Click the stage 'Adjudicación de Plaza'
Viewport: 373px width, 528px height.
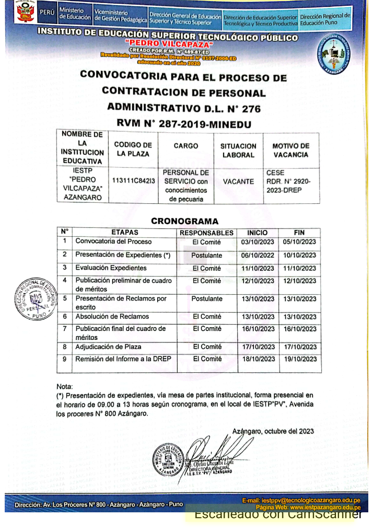pyautogui.click(x=108, y=347)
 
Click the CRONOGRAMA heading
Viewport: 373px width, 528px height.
pyautogui.click(x=184, y=221)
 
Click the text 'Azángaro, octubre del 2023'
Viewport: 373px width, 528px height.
pyautogui.click(x=273, y=431)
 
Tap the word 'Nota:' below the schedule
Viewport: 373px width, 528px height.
pyautogui.click(x=65, y=386)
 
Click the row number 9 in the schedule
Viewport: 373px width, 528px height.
pyautogui.click(x=64, y=359)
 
